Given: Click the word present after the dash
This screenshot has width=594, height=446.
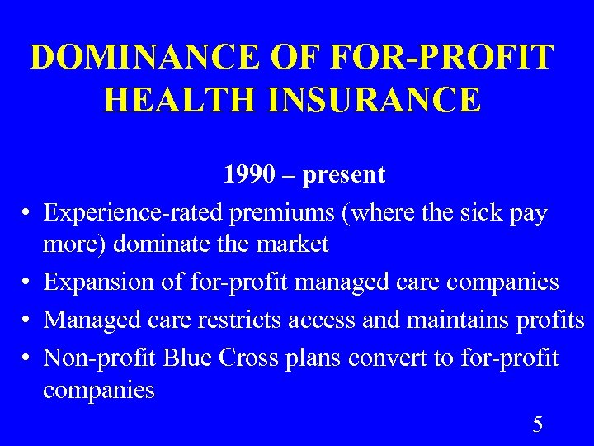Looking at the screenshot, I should (344, 176).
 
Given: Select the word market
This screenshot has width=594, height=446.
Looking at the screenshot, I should (292, 244).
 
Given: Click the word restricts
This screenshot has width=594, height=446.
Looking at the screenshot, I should (249, 320).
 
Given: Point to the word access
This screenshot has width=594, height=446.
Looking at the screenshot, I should (325, 320).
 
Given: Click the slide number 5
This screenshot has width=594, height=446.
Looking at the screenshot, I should (538, 425).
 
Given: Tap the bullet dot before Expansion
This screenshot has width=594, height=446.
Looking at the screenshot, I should (28, 282).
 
